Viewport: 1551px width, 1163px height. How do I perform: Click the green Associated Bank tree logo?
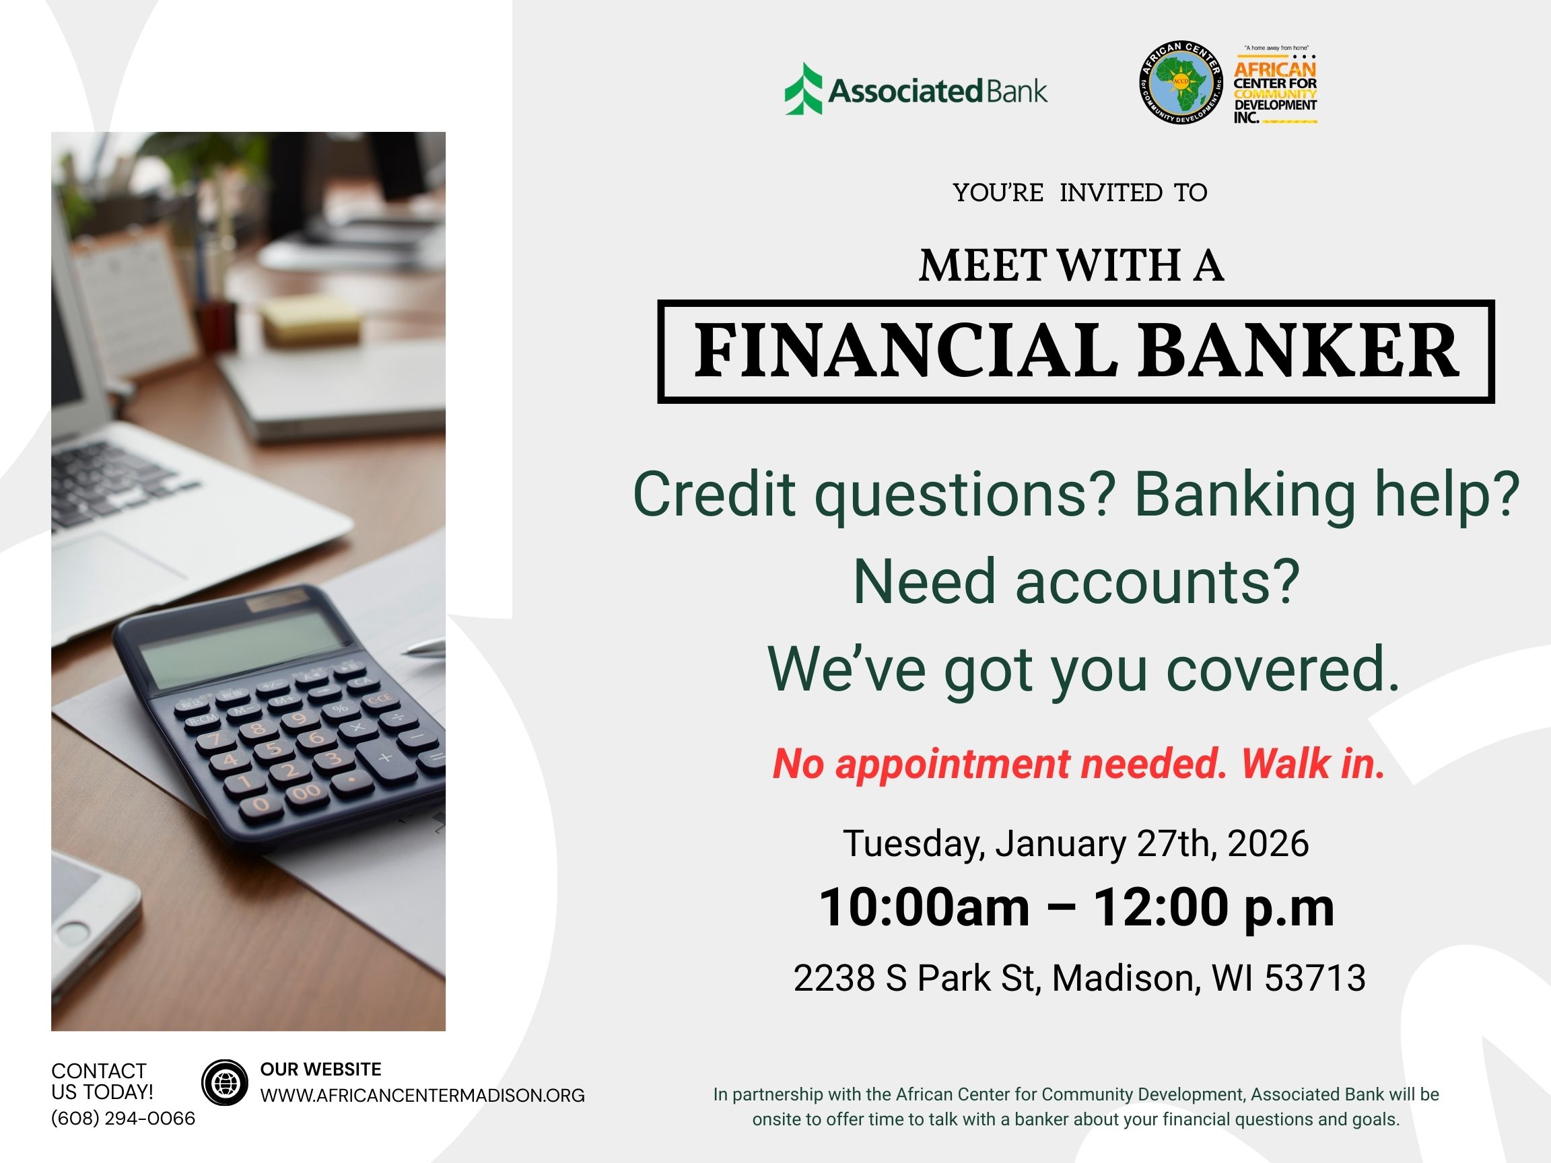click(x=803, y=89)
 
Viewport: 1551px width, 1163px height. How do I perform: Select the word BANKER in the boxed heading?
click(x=1299, y=351)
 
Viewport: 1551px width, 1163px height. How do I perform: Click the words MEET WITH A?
click(x=1072, y=267)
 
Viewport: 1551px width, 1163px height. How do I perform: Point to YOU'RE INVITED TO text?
click(x=1080, y=192)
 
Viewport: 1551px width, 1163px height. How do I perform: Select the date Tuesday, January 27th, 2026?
click(x=1076, y=843)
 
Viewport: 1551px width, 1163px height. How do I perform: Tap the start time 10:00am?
click(x=924, y=907)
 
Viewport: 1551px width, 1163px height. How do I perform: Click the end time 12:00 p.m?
click(x=1214, y=909)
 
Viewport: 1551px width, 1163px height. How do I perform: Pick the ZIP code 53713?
click(x=1315, y=978)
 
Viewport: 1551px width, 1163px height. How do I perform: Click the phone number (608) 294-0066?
click(x=123, y=1118)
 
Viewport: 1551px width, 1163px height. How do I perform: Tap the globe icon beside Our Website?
click(x=224, y=1083)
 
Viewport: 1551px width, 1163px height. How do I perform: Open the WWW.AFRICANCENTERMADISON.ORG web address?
click(x=422, y=1096)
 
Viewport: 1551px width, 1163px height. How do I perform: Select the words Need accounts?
click(x=1076, y=581)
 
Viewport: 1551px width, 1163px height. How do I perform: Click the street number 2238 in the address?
click(x=833, y=978)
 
